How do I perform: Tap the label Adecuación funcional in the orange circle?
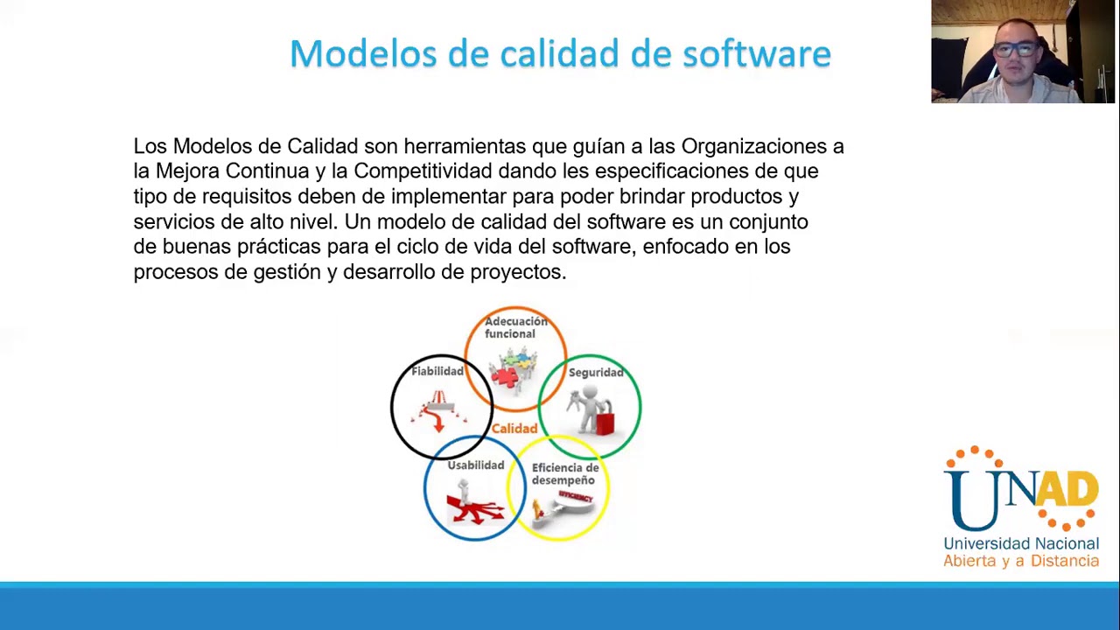coord(515,327)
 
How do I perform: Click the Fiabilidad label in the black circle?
coord(437,372)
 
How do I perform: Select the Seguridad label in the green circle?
coord(596,373)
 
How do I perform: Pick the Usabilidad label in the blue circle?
coord(475,465)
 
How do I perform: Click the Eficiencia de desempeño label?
coord(564,473)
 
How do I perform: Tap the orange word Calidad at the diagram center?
coord(514,429)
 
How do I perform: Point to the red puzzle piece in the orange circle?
coord(503,377)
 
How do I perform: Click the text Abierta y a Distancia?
coord(1020,561)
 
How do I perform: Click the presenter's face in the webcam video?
coord(1014,52)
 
